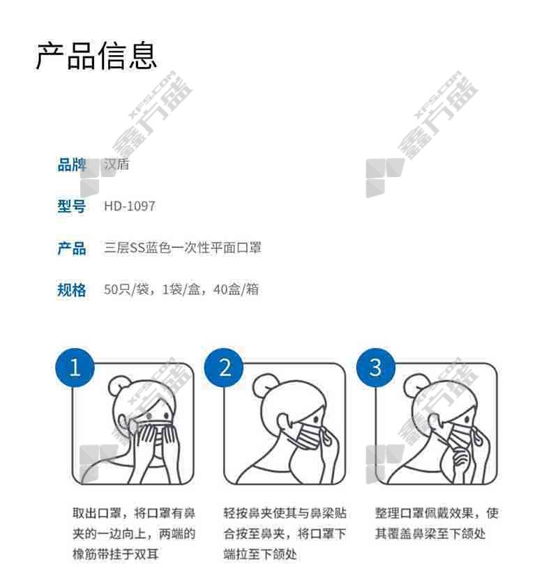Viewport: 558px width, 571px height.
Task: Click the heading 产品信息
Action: coord(96,56)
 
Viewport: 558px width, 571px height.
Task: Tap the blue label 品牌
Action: coord(72,165)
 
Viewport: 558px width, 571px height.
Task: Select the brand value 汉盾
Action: coord(116,165)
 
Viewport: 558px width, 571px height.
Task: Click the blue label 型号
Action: coord(72,206)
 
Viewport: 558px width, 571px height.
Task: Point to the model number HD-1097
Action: coord(130,206)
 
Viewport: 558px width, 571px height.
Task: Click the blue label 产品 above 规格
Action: coord(72,248)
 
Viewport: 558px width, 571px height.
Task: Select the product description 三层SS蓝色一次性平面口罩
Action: coord(183,248)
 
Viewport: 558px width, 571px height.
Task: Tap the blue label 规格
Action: coord(72,290)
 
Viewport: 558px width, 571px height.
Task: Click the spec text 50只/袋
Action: coord(126,289)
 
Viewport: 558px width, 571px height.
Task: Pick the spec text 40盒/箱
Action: coord(236,289)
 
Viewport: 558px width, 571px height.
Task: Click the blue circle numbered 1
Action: coord(75,367)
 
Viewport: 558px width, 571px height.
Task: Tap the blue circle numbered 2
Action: coord(224,367)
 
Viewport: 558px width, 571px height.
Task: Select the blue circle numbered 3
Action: coord(375,367)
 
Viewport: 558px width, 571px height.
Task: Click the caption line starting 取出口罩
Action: coord(134,513)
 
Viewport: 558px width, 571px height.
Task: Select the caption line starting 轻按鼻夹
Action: coord(285,513)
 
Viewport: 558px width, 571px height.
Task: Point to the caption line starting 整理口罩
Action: coord(437,513)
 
